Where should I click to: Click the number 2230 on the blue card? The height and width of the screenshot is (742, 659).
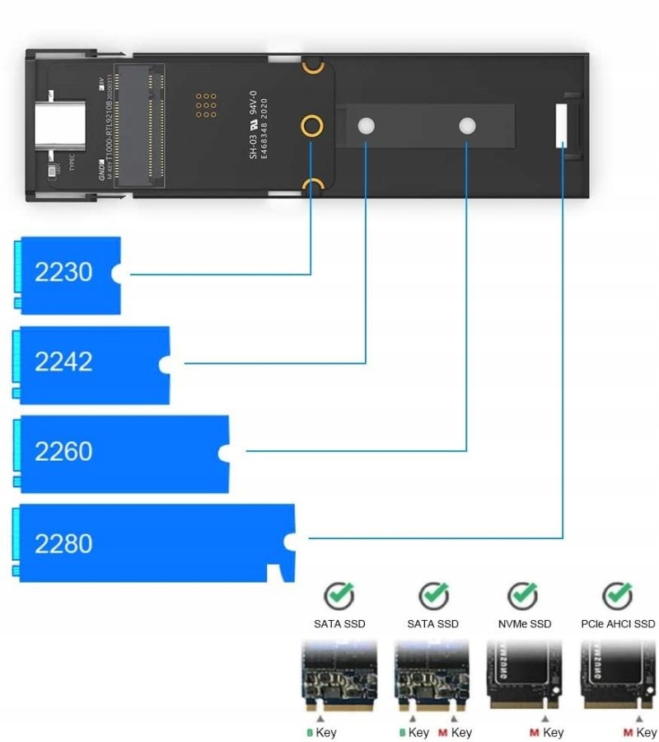pos(63,272)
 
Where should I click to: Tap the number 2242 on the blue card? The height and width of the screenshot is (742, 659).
pos(63,362)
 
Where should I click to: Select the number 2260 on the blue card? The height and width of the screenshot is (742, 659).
pos(63,452)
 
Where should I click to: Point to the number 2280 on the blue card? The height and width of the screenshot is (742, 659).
pos(63,543)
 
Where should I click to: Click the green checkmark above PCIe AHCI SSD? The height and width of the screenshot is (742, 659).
pos(617,594)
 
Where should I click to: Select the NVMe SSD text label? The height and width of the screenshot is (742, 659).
pos(524,624)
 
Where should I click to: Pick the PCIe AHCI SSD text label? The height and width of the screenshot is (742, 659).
pos(618,624)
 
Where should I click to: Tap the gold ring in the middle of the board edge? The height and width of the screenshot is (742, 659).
pos(311,126)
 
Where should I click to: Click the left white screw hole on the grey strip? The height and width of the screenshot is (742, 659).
pos(367,126)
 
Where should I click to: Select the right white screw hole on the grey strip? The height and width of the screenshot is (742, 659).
pos(467,126)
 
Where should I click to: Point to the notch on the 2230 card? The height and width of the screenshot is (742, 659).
pos(118,273)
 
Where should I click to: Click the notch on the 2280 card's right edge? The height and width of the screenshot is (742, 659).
pos(289,541)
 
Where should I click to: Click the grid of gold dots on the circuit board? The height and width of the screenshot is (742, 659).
pos(206,105)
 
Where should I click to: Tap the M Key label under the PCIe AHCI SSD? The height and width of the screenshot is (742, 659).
pos(640,732)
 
